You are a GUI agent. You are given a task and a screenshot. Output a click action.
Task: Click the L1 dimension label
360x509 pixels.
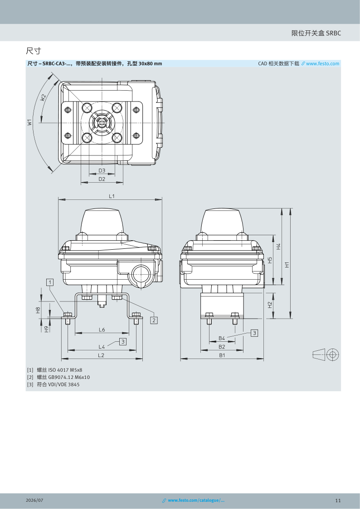112,196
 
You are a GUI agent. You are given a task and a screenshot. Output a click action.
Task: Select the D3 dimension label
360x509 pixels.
102,170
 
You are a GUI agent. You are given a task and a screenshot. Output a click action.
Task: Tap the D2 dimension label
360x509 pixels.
102,179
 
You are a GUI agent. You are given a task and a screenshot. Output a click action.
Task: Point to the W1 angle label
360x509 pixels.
29,122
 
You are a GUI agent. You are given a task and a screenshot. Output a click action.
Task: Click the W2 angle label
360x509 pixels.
43,97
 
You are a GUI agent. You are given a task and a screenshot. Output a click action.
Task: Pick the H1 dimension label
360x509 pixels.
287,265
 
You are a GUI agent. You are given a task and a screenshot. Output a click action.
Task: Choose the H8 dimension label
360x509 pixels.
38,310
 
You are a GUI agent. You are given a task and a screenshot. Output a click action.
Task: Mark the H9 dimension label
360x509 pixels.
46,329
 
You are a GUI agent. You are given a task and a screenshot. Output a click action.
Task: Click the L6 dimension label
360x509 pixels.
102,330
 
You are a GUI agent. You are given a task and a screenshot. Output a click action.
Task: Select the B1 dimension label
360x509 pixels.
222,355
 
